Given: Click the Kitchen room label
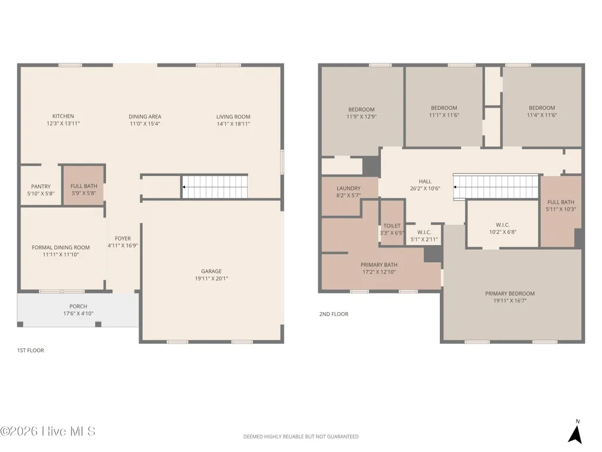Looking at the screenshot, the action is pos(63,116).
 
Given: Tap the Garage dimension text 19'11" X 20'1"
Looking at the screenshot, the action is pos(211,279).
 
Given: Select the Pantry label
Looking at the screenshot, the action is pos(41,186).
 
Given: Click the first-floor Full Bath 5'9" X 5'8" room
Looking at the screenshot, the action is pos(84,185).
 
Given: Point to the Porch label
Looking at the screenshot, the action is pos(78,306).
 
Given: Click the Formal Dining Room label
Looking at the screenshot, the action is pos(60,247).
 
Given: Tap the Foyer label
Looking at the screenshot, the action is pos(123,238).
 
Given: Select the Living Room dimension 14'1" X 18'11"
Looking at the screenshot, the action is pos(233,124).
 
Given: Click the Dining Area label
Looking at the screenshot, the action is pos(145,116).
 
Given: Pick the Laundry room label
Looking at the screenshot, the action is pos(349,188).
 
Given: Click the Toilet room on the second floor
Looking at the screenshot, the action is pos(392,222).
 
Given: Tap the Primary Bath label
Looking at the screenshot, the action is pos(379,265).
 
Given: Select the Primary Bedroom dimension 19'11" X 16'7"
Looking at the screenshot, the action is pos(510,300).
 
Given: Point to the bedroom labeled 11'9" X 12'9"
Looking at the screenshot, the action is pos(362,112).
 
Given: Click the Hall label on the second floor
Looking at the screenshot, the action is pos(425,182).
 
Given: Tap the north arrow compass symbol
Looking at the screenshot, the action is pos(575,434).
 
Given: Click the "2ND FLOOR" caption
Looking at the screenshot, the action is pos(334,314).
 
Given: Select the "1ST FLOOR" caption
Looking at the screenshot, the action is pos(31,350).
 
